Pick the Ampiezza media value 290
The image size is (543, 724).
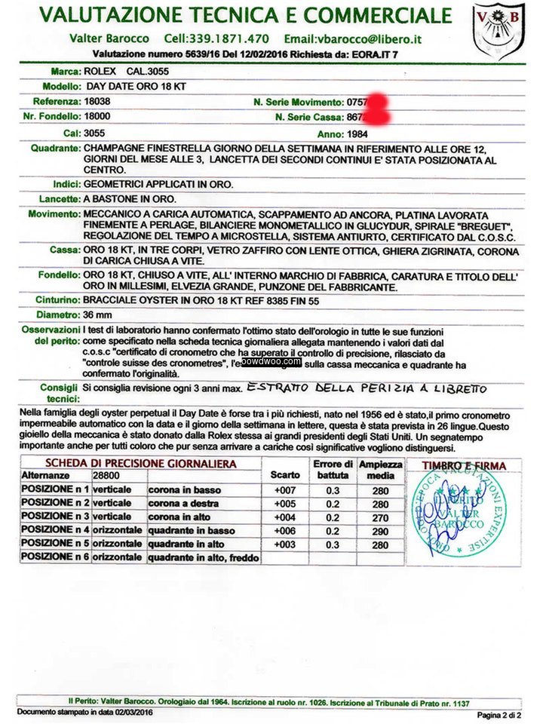pyautogui.click(x=379, y=531)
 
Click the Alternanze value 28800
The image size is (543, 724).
pyautogui.click(x=106, y=476)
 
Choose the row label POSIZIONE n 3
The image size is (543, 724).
pyautogui.click(x=55, y=517)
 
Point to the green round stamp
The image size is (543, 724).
pyautogui.click(x=459, y=514)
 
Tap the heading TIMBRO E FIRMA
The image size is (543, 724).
pyautogui.click(x=464, y=466)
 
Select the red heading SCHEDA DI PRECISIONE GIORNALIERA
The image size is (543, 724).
pyautogui.click(x=140, y=463)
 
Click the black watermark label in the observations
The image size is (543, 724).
pyautogui.click(x=271, y=361)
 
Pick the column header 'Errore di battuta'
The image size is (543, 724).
pyautogui.click(x=333, y=469)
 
